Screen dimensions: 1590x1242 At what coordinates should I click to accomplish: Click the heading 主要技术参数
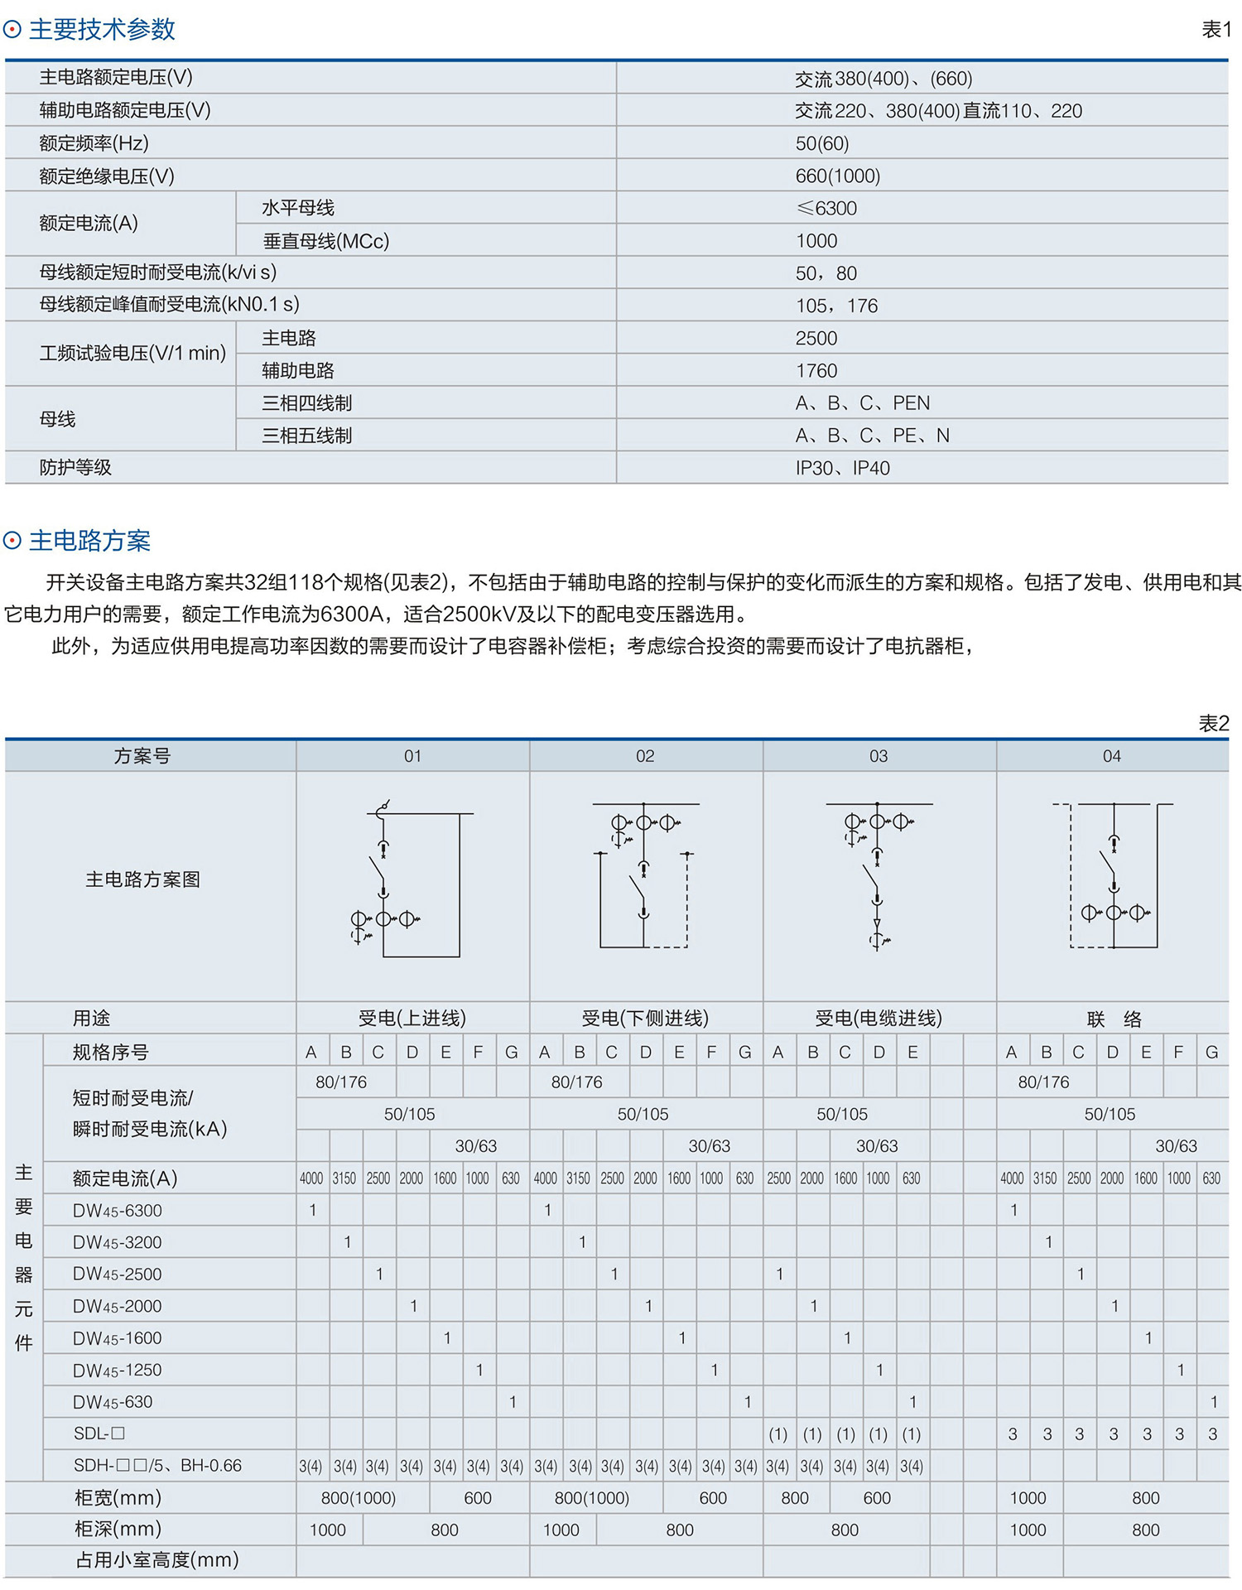point(102,30)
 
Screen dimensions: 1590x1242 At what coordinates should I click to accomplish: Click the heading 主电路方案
point(89,541)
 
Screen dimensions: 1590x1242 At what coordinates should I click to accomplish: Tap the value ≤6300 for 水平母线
point(826,208)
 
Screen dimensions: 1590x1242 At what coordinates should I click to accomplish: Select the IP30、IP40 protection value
point(842,468)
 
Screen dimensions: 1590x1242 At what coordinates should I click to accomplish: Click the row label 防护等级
point(75,468)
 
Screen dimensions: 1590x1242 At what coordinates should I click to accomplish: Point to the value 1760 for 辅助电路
point(816,370)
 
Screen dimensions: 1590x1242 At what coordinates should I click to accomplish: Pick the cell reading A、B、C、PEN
point(862,403)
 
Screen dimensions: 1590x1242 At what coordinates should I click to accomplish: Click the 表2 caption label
point(1213,723)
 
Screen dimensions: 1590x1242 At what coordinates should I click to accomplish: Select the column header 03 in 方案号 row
point(879,756)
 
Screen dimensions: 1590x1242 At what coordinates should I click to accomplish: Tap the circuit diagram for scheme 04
point(1112,878)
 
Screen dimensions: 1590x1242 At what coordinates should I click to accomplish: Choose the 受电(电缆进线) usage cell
point(879,1018)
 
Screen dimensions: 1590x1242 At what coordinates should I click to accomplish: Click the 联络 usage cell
point(1113,1019)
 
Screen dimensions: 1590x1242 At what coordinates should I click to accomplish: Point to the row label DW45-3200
point(117,1242)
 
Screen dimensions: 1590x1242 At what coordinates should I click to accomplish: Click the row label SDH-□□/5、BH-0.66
point(157,1465)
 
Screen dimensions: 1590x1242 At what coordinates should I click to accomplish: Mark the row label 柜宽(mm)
point(118,1497)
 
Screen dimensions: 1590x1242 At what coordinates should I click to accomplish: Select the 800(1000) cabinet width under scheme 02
point(592,1497)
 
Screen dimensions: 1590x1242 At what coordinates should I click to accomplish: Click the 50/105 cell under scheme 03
point(842,1114)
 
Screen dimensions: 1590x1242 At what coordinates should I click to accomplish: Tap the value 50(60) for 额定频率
point(821,143)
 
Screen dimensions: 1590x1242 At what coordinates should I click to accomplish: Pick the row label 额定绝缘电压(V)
point(107,176)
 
